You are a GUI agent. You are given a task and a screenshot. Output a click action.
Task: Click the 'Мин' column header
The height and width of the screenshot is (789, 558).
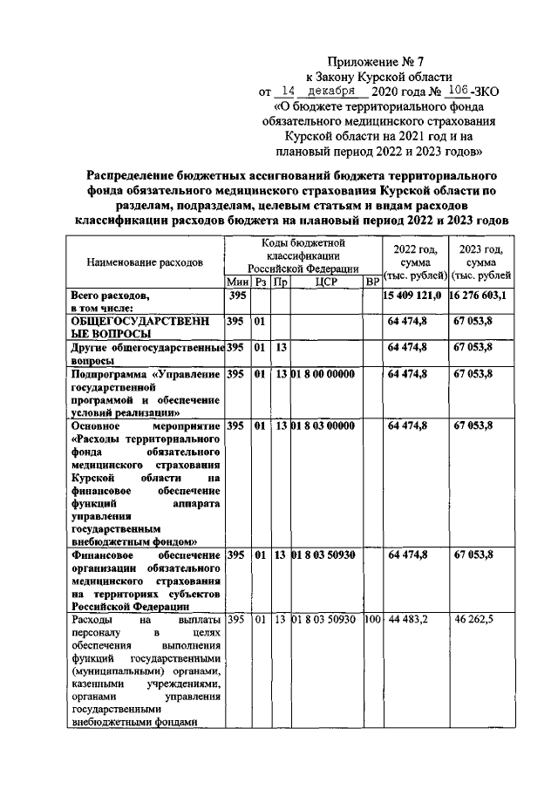click(237, 282)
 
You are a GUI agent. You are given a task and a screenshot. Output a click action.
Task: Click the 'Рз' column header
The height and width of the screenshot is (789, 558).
click(260, 282)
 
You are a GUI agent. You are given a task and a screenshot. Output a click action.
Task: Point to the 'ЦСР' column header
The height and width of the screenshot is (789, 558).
click(325, 282)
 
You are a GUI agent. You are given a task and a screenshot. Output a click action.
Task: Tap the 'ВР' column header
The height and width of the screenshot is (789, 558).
click(371, 282)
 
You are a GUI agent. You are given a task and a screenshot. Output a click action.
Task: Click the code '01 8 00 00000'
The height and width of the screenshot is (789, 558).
click(323, 374)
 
